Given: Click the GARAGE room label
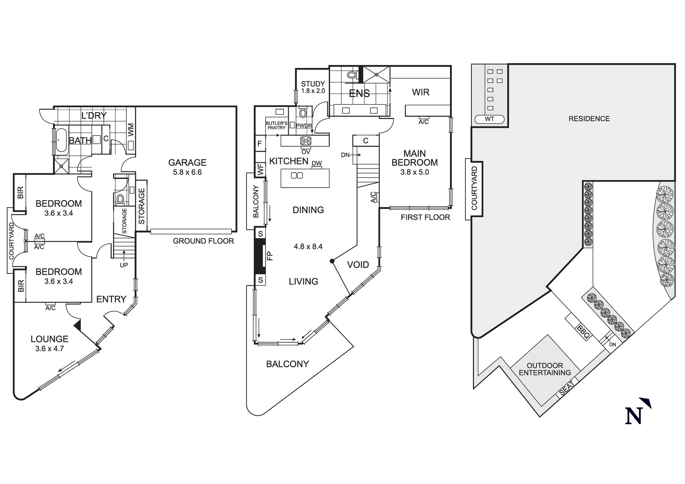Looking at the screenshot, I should pos(187,162).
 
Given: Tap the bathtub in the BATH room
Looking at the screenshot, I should pos(62,140).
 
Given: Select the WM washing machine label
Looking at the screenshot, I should pos(131,130).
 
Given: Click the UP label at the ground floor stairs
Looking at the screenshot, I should pos(124,265).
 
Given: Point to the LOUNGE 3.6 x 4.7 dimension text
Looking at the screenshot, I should pos(49,349).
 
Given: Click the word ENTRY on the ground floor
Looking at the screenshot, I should pos(111,299).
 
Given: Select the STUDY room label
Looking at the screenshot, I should pos(313,84).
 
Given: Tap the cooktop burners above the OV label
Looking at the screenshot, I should pos(306,141).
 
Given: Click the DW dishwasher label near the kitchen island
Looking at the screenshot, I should pos(317,163).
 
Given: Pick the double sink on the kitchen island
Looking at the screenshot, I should pos(297,176).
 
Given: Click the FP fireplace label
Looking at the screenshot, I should pos(270,256).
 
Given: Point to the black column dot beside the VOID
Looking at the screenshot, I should pos(332,261).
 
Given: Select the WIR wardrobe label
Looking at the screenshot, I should pos(421,92).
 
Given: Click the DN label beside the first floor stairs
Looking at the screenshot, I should pos(345,155).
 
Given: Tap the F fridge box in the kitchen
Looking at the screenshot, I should pos(260,144).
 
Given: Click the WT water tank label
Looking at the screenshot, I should pos(489,119).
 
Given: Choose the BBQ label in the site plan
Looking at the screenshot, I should pos(583,332).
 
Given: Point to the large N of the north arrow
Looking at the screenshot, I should pos(633,416).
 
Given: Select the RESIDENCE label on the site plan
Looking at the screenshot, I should pos(589,119).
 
